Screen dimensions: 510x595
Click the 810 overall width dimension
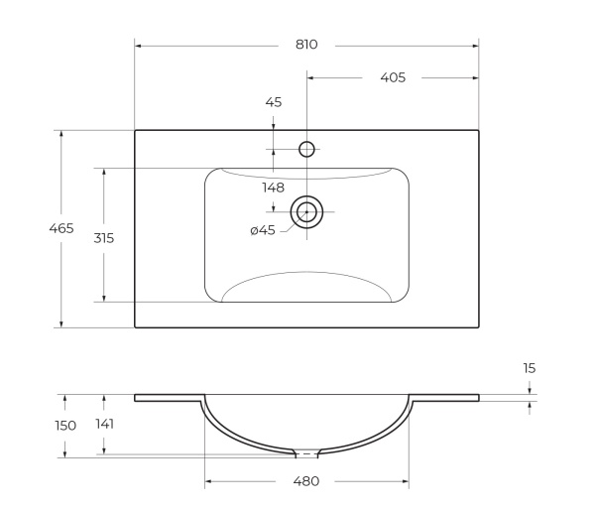tap(305, 45)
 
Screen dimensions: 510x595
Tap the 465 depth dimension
tap(61, 228)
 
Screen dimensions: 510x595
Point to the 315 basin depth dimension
tap(103, 237)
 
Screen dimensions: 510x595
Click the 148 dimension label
tap(273, 188)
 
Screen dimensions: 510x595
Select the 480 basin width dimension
tap(305, 482)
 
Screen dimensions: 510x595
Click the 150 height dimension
tap(65, 425)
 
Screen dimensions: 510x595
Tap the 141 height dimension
tap(104, 424)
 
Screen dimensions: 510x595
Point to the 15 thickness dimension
tap(530, 368)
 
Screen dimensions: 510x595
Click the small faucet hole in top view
tap(306, 150)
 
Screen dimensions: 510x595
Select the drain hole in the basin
tap(306, 211)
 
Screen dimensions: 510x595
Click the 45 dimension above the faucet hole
tap(273, 102)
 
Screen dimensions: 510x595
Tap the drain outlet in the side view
tap(307, 454)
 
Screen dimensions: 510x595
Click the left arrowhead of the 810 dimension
tap(138, 45)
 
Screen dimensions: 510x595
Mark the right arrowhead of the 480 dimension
tap(405, 482)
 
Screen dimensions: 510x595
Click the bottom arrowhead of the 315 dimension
tap(103, 298)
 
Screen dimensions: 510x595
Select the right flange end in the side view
tap(477, 398)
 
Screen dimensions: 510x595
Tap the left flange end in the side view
tap(137, 398)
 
